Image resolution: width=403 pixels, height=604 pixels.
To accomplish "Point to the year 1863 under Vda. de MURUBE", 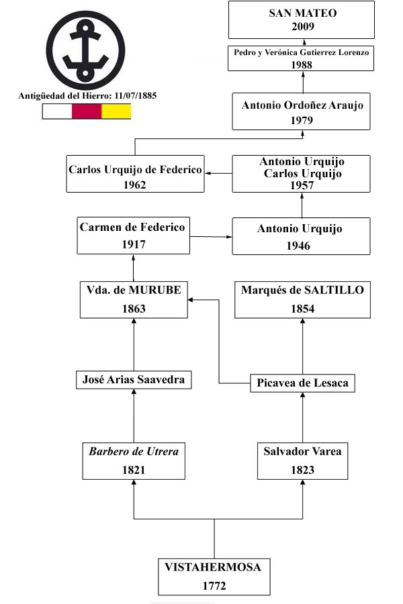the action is (134, 309).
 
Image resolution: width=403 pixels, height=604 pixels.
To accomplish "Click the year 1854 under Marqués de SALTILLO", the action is (303, 309).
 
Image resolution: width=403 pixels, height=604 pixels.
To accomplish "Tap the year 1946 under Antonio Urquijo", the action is (298, 246).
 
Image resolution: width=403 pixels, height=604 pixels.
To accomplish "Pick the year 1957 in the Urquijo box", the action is (302, 186).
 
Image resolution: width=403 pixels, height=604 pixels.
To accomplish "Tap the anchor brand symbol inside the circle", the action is (85, 50).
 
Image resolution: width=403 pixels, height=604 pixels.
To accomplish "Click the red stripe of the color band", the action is (87, 111).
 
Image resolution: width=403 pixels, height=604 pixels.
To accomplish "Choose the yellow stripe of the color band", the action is (116, 111).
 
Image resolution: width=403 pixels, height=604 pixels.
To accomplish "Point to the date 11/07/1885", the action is (136, 96).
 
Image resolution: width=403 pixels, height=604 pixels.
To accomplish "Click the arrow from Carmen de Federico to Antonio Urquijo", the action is (211, 236).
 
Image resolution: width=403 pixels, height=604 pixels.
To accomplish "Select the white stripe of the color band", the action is (57, 111).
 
